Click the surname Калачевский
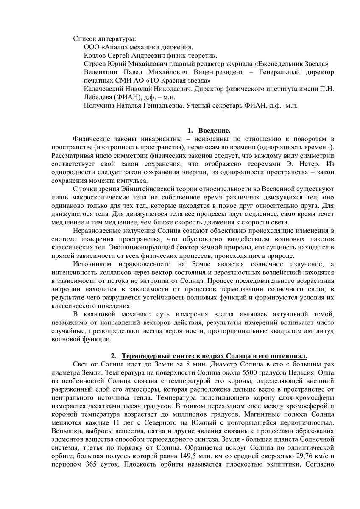[x=103, y=89]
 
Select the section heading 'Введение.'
[x=215, y=131]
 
